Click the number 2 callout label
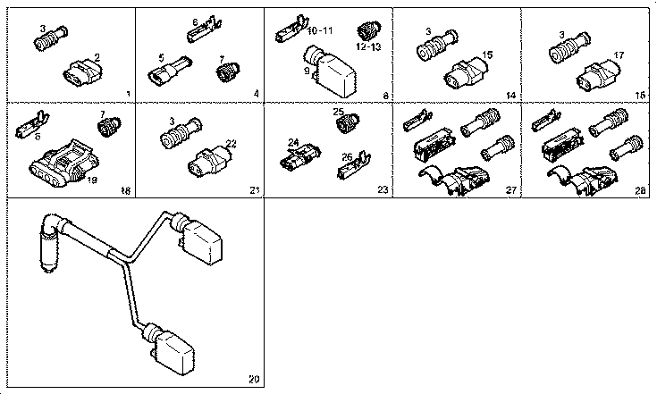[97, 57]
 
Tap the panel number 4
[256, 93]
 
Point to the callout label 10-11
[319, 30]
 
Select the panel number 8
[385, 93]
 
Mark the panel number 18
[125, 190]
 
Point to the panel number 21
[255, 190]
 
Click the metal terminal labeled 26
[354, 166]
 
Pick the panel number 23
[384, 190]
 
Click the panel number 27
[512, 190]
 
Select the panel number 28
[639, 190]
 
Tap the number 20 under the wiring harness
[254, 380]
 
